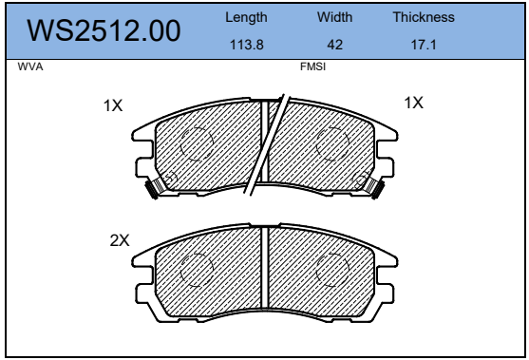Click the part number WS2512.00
[104, 30]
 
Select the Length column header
[246, 17]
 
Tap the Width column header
[334, 17]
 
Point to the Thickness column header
[424, 17]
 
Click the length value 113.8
[247, 45]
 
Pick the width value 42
[334, 45]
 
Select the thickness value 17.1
[424, 45]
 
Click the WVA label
[30, 66]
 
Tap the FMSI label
[313, 66]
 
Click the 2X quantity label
[120, 240]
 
